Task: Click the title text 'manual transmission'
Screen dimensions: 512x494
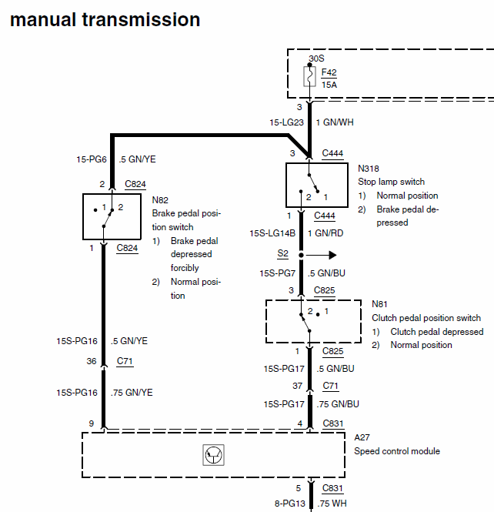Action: pos(105,19)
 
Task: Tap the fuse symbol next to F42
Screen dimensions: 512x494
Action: pos(309,77)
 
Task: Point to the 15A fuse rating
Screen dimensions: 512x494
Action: pos(329,85)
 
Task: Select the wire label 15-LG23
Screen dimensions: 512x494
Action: pos(285,122)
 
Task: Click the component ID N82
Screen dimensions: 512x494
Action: pos(160,199)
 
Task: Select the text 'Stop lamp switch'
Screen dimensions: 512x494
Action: pos(391,182)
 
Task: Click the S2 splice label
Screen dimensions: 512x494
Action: pos(282,253)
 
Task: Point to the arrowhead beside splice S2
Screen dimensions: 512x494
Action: pos(332,254)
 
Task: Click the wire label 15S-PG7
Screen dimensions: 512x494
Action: pos(279,273)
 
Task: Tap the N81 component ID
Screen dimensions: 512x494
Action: pos(379,304)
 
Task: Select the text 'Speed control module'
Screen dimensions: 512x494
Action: pos(397,451)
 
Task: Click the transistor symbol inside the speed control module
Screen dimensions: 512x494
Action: pos(212,456)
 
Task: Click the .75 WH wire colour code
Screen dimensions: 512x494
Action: pos(332,504)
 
